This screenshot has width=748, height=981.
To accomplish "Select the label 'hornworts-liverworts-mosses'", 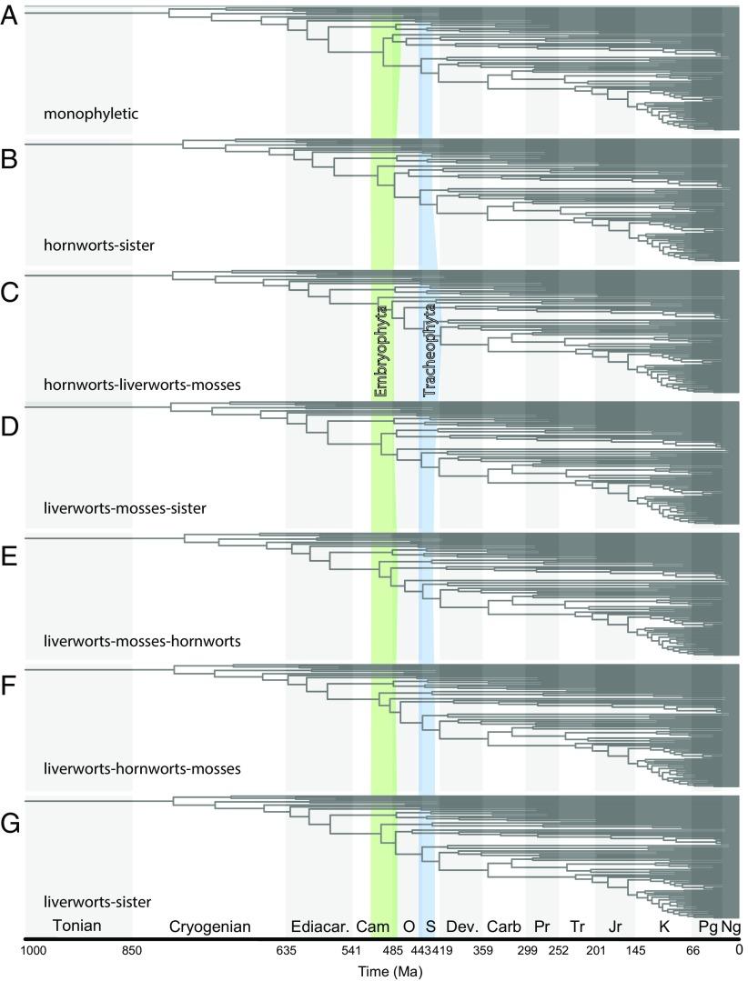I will point(141,385).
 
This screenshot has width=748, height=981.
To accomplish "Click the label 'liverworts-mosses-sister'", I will point(125,507).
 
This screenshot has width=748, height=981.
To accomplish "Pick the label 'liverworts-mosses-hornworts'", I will point(141,640).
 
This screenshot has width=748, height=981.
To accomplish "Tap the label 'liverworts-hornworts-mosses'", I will point(141,769).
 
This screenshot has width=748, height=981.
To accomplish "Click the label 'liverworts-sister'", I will point(96,902).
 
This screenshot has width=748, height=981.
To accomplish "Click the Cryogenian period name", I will point(209,926).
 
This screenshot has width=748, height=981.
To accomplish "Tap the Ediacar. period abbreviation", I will point(319,926).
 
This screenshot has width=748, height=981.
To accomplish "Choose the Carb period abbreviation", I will point(503,926).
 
